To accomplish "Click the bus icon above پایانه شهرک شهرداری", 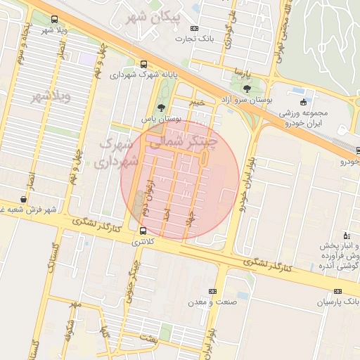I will pyautogui.click(x=144, y=63).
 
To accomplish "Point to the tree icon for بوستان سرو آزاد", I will pyautogui.click(x=247, y=88).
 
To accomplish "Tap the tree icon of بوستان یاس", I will pyautogui.click(x=162, y=108).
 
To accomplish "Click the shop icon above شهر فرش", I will pyautogui.click(x=24, y=200).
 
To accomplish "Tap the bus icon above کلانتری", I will pyautogui.click(x=143, y=231).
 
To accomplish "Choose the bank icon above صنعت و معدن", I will pyautogui.click(x=212, y=291).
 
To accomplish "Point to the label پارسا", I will pyautogui.click(x=243, y=72).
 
